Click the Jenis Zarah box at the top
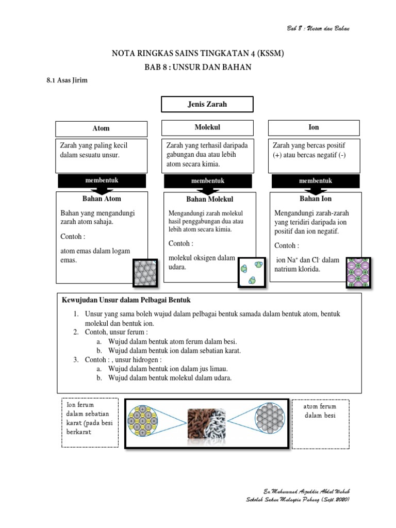[x=207, y=104]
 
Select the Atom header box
[x=101, y=128]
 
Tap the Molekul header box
[x=208, y=127]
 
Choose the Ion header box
[x=313, y=127]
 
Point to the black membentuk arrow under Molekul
[x=208, y=181]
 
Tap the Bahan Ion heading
[x=316, y=199]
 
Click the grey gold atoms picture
[x=145, y=273]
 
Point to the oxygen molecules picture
[x=251, y=272]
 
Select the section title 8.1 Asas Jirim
[x=64, y=80]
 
